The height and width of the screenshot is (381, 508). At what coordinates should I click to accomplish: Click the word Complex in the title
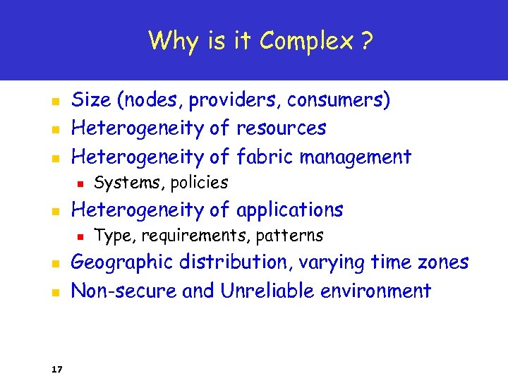click(306, 41)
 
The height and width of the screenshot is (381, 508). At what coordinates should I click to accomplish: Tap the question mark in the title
click(365, 41)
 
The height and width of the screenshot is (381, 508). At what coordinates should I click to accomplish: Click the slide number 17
click(56, 368)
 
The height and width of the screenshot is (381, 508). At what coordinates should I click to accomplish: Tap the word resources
click(281, 128)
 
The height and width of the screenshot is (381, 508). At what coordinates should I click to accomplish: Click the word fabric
click(265, 156)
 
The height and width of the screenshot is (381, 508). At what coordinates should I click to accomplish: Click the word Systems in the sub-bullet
click(120, 183)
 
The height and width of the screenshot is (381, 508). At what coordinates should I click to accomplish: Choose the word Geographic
click(122, 262)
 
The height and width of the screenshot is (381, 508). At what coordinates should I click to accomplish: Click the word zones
click(442, 262)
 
